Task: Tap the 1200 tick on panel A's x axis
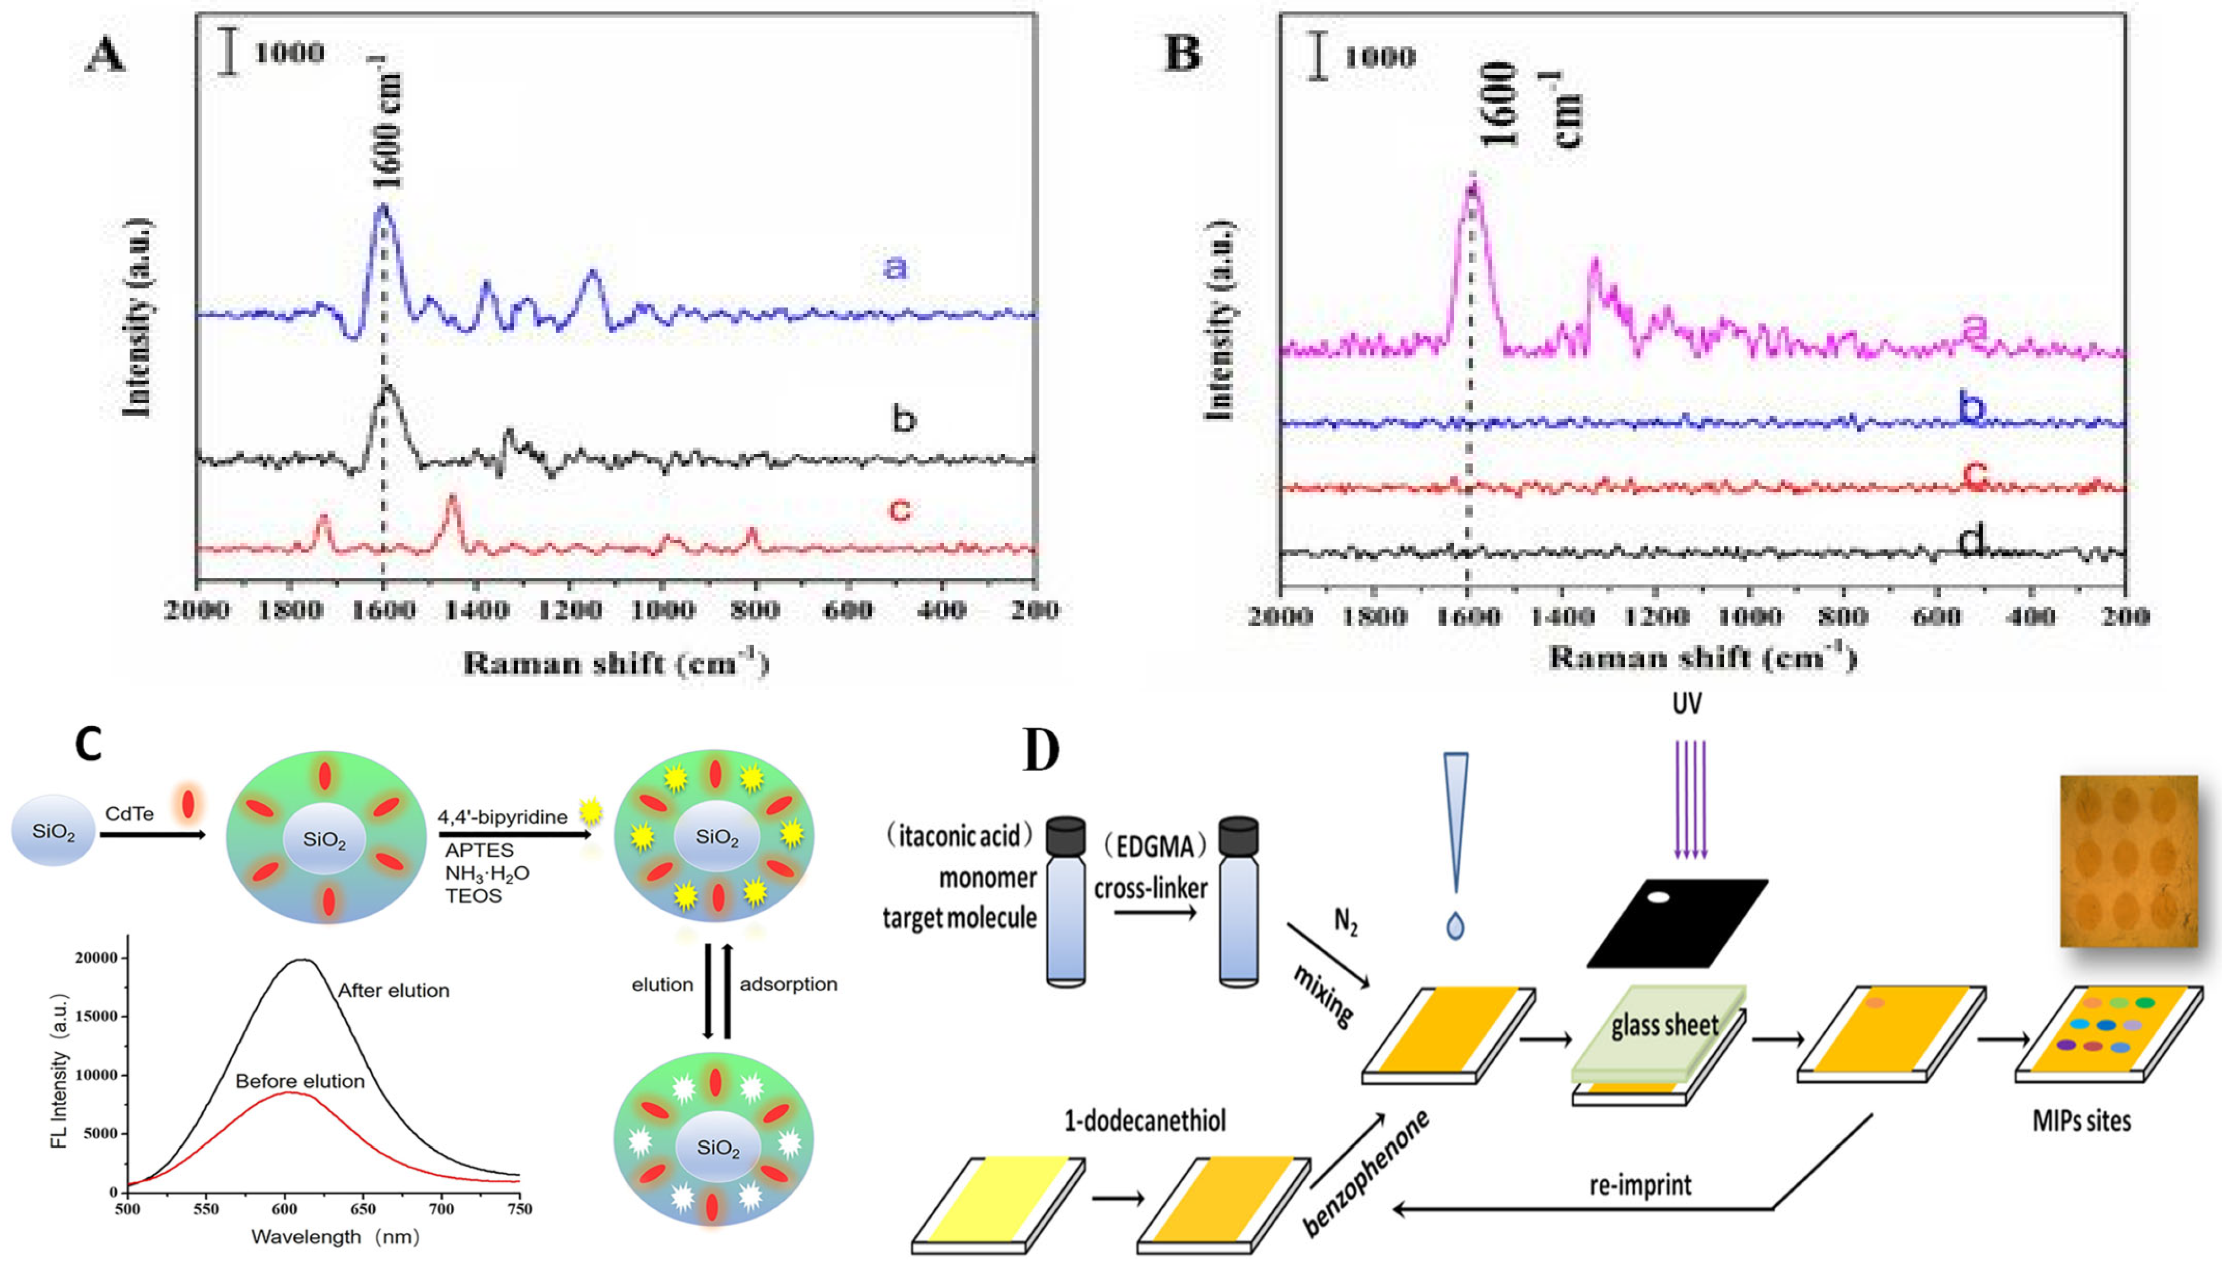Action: (569, 611)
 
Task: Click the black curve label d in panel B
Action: (1972, 541)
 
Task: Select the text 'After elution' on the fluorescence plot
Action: (393, 990)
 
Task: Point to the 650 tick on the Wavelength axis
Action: (363, 1209)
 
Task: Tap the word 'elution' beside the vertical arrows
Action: (662, 984)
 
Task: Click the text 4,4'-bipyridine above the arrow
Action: (502, 817)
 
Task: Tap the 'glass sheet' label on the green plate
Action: (1665, 1026)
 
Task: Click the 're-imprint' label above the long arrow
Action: (1641, 1185)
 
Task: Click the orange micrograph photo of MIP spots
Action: (2128, 860)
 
